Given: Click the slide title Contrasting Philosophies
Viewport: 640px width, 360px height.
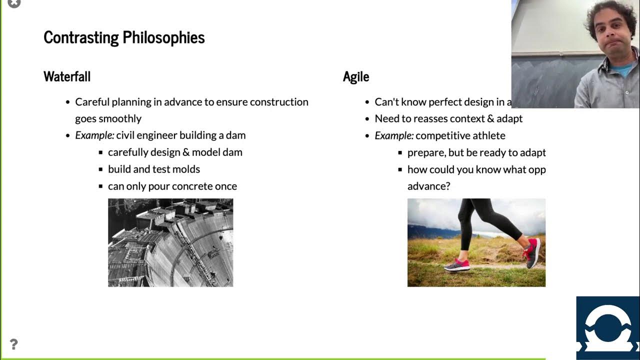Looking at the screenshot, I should click(x=124, y=37).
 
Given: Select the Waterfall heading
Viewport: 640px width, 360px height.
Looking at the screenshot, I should click(x=67, y=76).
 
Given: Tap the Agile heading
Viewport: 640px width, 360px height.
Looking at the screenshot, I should click(x=356, y=76).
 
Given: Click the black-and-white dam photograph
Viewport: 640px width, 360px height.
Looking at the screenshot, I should click(x=170, y=242).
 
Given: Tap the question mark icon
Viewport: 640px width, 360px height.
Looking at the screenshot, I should click(x=13, y=344).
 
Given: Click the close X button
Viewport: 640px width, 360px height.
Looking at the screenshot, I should click(x=14, y=3).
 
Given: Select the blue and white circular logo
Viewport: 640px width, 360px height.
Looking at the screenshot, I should click(x=607, y=327).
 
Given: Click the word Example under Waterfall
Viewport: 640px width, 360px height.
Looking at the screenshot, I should click(x=94, y=135).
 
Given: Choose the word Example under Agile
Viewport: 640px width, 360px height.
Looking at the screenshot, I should click(x=393, y=135).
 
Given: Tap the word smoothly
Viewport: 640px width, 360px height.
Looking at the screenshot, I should click(x=120, y=118).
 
